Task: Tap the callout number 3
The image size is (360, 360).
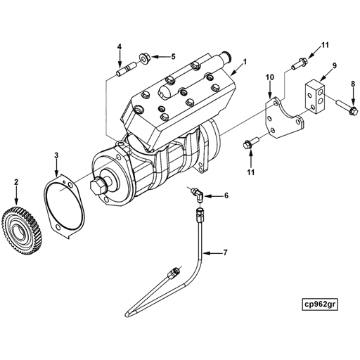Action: click(57, 155)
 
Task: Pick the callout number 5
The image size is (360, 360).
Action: click(174, 56)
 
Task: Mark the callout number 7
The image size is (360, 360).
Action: click(225, 252)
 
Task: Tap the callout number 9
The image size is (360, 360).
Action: click(334, 65)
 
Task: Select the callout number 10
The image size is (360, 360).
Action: click(269, 77)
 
